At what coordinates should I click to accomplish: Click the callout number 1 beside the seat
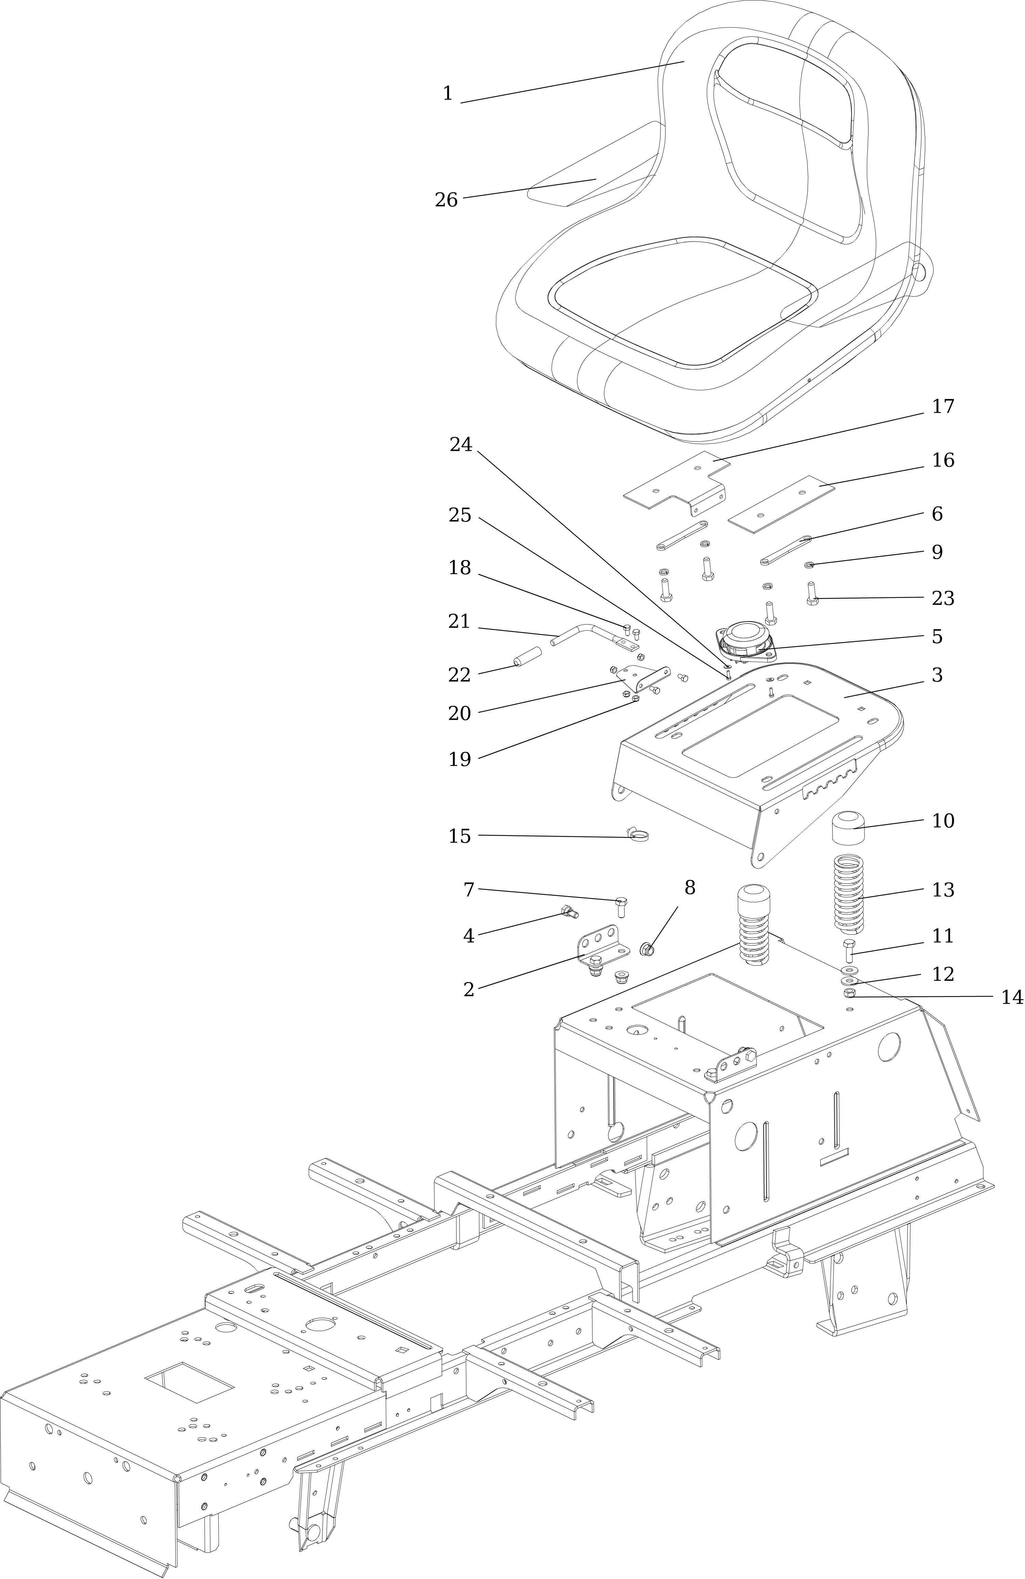coord(448,94)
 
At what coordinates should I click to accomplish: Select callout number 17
coord(943,406)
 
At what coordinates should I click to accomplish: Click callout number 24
coord(461,445)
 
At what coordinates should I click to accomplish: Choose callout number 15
coord(460,836)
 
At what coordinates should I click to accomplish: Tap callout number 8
coord(690,888)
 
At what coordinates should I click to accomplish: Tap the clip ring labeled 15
coord(639,835)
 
